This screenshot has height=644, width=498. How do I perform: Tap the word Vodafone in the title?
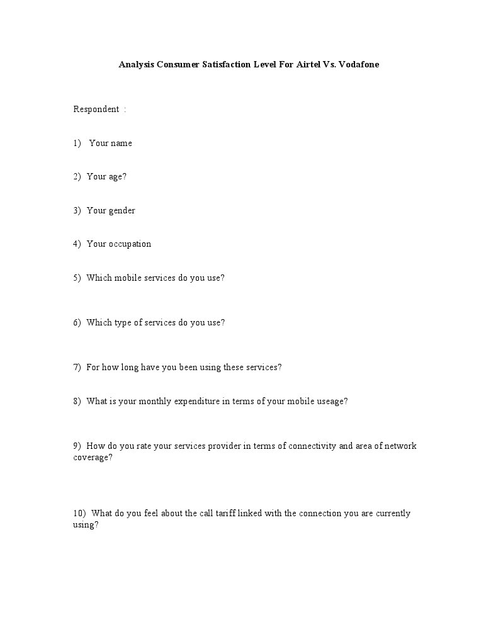(359, 64)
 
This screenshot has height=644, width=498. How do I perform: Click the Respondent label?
(96, 110)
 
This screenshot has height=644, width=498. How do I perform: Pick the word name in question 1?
(121, 144)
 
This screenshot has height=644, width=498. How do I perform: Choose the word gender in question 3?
(122, 211)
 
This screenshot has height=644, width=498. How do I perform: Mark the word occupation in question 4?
(130, 244)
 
